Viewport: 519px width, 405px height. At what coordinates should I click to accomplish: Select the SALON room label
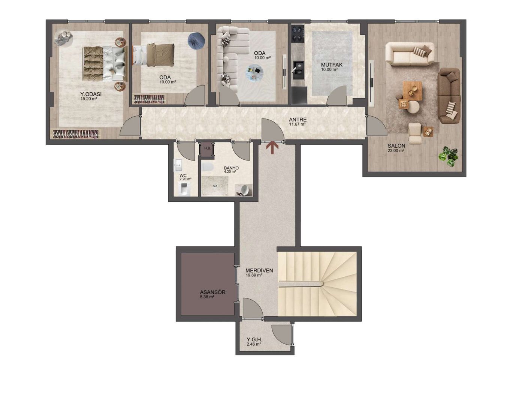click(396, 145)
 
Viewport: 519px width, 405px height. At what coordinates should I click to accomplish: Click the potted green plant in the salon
click(448, 156)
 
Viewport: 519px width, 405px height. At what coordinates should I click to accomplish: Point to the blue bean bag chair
click(196, 41)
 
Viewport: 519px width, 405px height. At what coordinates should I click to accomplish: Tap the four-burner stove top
click(298, 33)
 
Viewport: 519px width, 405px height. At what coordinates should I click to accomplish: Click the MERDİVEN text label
click(259, 270)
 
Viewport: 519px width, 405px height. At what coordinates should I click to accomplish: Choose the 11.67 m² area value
click(298, 124)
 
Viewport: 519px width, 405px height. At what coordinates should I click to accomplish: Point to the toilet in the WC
click(184, 189)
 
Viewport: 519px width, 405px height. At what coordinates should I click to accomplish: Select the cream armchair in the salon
click(415, 133)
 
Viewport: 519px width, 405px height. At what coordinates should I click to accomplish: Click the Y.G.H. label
click(254, 339)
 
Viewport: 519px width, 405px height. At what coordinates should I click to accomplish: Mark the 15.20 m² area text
click(88, 99)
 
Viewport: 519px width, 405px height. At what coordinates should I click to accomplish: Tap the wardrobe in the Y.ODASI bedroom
click(75, 134)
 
